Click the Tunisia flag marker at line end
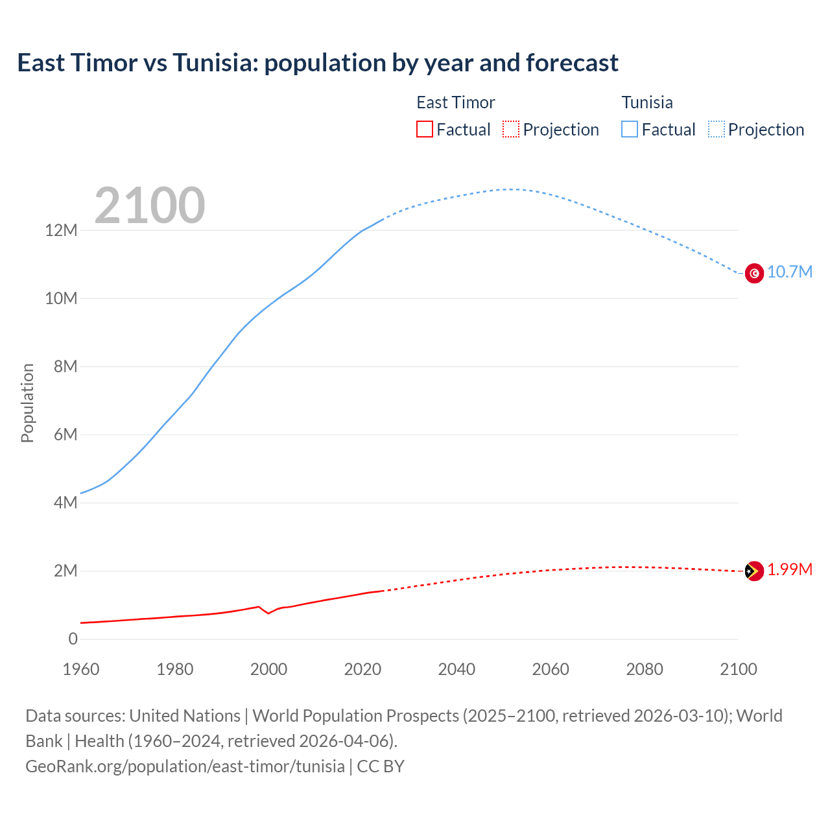754,274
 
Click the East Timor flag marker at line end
754,571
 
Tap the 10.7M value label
789,272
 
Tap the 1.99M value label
789,569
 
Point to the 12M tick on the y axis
61,230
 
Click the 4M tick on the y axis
65,503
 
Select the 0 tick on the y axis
73,639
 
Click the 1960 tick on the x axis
81,669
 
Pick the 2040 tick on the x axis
456,669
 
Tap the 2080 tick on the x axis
645,669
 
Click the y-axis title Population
27,403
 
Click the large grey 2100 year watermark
150,206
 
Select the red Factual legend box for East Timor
424,129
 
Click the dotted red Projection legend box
511,129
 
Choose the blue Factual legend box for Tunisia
629,129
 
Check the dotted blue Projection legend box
716,129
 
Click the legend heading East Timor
455,102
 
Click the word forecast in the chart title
572,63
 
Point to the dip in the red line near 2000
268,613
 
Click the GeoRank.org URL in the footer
185,766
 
